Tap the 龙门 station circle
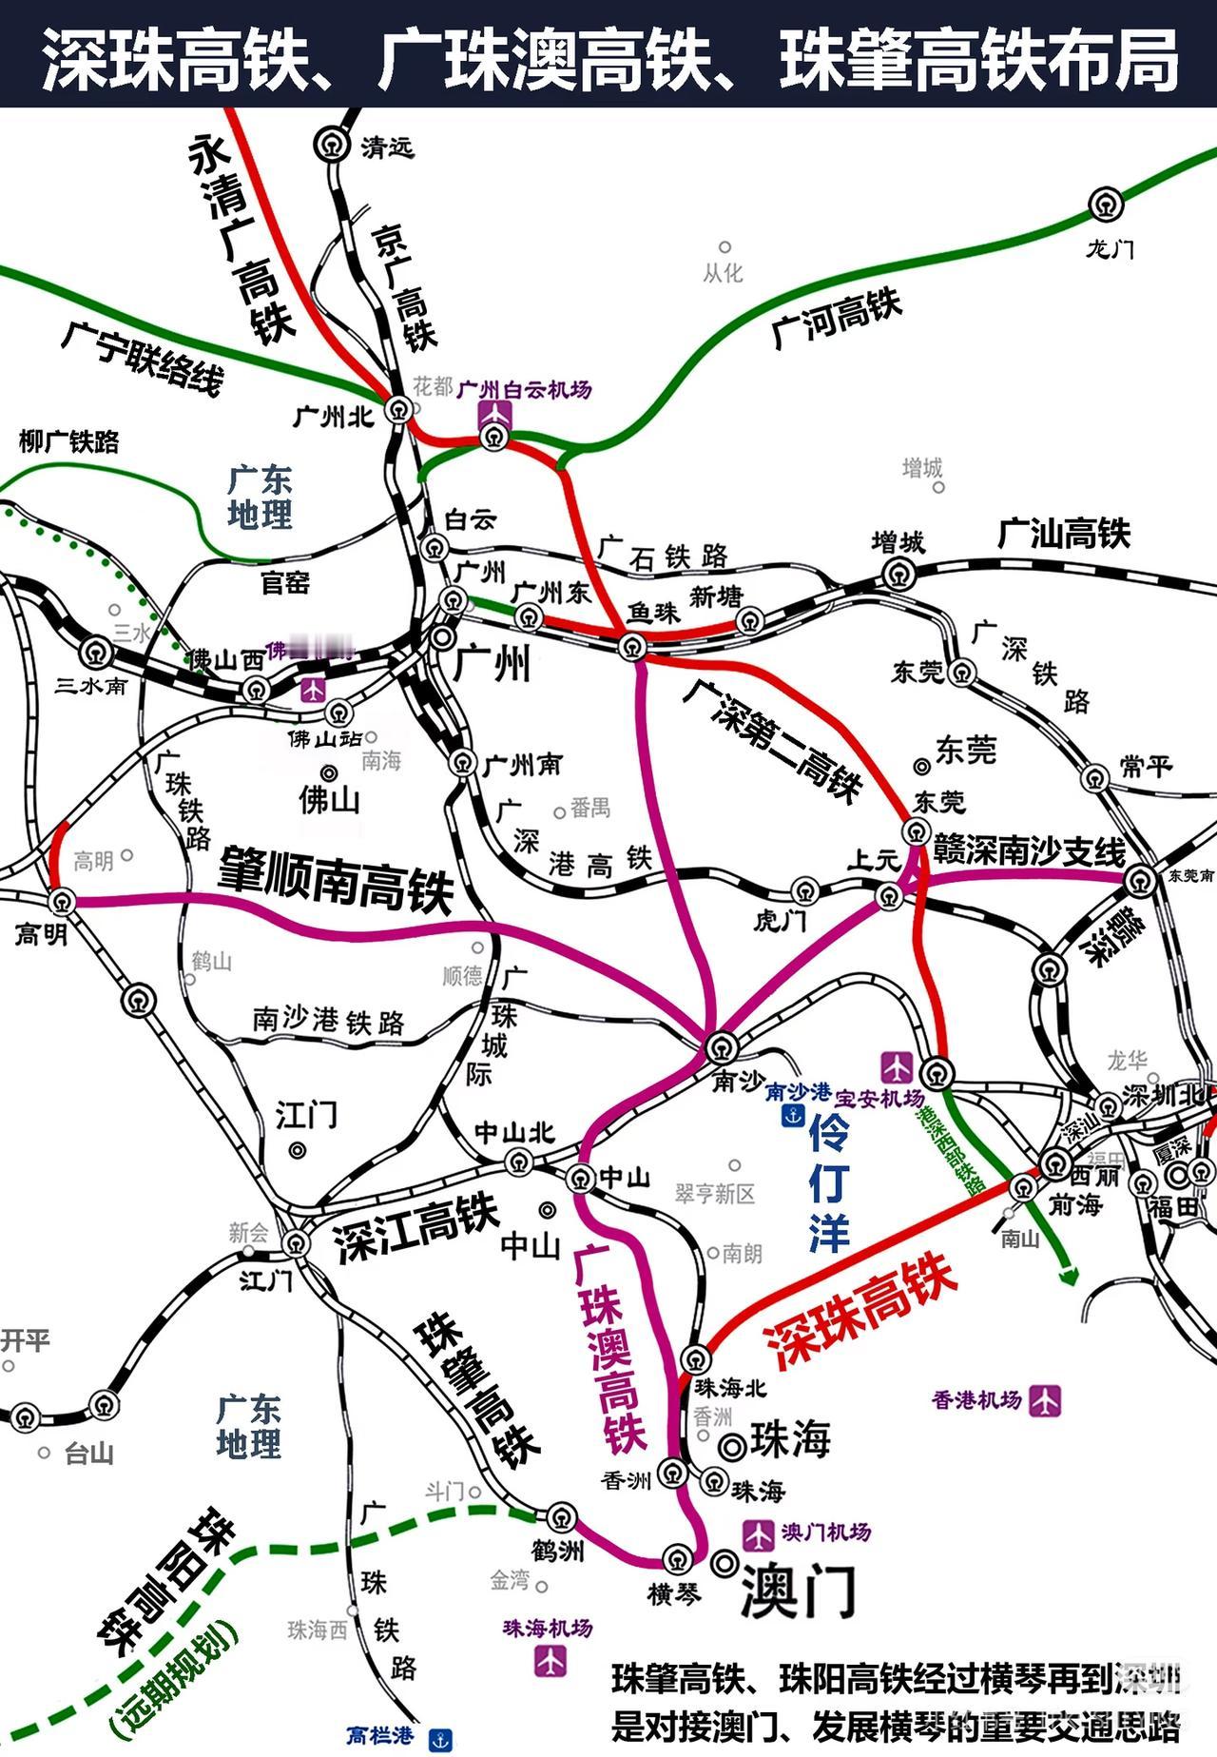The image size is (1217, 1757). coord(1106,205)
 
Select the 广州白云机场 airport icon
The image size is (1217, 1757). coord(495,415)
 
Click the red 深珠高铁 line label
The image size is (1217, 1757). coord(860,1310)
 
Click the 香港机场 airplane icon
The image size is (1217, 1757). coord(1044,1400)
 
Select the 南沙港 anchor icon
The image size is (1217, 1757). coord(793,1116)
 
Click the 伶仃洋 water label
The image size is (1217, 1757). coord(829,1184)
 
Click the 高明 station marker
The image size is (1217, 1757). coord(62,900)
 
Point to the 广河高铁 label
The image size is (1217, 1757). coord(836,319)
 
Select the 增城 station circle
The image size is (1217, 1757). coord(898,574)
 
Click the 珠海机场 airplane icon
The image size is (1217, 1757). coord(550,1660)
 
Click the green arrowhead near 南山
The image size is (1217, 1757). coord(1070,1277)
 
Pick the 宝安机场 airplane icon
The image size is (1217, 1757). coord(896,1065)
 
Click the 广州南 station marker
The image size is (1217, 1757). coord(463,763)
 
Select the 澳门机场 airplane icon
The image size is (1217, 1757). coord(758,1534)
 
